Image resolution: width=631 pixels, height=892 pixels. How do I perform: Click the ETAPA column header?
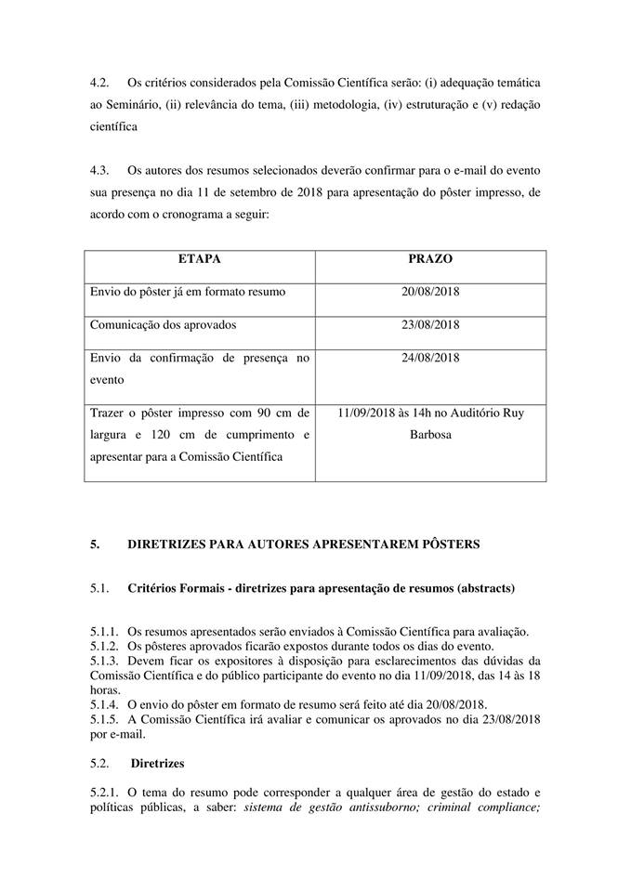coord(199,259)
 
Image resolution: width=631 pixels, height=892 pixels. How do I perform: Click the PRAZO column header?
coord(430,259)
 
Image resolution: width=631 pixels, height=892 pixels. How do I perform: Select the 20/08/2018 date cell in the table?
coord(430,292)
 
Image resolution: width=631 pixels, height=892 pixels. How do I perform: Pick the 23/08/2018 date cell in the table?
coord(430,324)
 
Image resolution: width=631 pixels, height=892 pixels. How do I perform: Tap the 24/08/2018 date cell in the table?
coord(430,357)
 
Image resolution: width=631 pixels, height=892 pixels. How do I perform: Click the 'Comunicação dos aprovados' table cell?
coord(163,324)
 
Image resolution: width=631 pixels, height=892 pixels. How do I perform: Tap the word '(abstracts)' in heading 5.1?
coord(482,589)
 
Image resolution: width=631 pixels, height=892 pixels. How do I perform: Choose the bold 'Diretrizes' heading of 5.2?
coord(158,763)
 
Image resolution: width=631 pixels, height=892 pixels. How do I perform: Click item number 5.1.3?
coord(105,661)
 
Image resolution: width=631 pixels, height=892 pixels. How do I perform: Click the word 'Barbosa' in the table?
coord(430,433)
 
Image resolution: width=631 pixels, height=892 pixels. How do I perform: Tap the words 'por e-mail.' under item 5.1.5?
coord(118,733)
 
